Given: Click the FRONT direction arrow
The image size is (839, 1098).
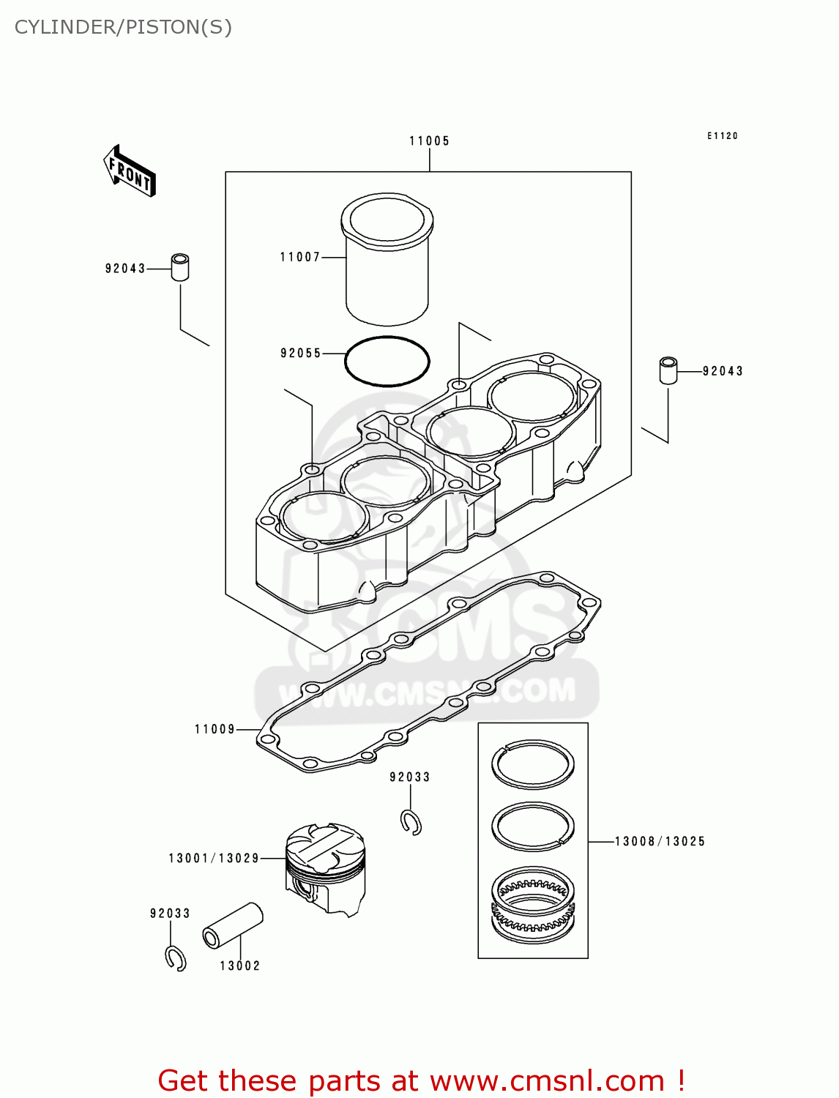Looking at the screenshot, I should coord(130,171).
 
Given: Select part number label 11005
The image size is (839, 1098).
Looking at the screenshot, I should coord(429,141).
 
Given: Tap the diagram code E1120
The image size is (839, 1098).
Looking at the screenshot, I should coord(722,136).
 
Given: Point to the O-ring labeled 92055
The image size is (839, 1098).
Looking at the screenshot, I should coord(387,361).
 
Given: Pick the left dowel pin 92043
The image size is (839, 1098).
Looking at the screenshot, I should coord(180,266).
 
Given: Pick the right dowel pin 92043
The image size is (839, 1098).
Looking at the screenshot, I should coord(668,370).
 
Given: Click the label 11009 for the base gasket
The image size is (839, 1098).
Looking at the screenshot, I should coord(215,729).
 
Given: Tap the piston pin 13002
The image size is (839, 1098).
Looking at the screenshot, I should coord(232,925).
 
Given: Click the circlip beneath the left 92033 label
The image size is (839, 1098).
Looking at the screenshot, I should coord(176,958).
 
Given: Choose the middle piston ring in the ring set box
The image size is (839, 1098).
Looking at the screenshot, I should coord(532,826).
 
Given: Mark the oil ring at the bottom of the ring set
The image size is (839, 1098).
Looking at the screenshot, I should coord(532,905).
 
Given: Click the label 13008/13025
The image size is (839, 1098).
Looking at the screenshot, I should coord(660,842).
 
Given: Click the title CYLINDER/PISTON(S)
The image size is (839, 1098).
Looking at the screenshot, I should coord(123,27).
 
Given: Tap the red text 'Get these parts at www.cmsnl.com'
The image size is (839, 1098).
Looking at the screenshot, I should coord(421,1080).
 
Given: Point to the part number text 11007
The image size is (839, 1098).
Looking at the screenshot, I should coord(300,257).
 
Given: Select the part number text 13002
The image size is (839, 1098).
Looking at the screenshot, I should coord(240,966).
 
